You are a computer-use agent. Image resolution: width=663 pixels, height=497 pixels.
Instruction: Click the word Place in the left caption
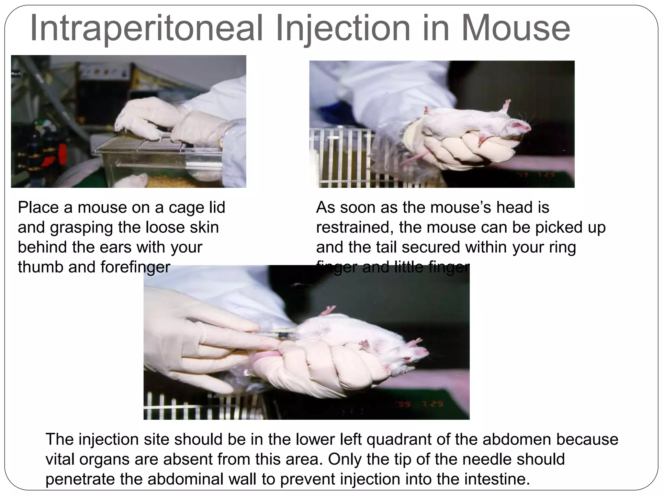tap(38, 207)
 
